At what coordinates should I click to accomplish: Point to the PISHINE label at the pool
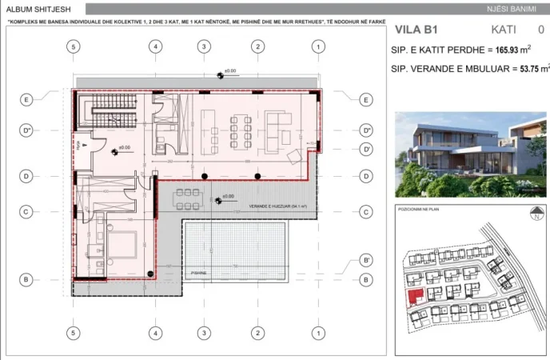click(199, 273)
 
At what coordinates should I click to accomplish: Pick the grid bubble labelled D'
click(365, 150)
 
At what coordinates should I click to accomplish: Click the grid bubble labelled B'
click(365, 260)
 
